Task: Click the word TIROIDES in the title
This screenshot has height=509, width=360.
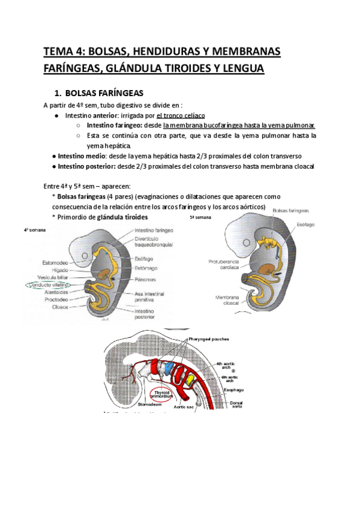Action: [x=184, y=69]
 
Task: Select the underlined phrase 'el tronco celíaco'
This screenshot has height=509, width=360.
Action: [x=181, y=115]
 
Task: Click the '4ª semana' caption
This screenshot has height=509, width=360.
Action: [x=35, y=230]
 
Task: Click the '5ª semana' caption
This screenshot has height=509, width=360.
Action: [x=201, y=218]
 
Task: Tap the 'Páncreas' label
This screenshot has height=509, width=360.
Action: [x=147, y=279]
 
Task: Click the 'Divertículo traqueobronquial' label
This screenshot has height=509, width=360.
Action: [x=154, y=241]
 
